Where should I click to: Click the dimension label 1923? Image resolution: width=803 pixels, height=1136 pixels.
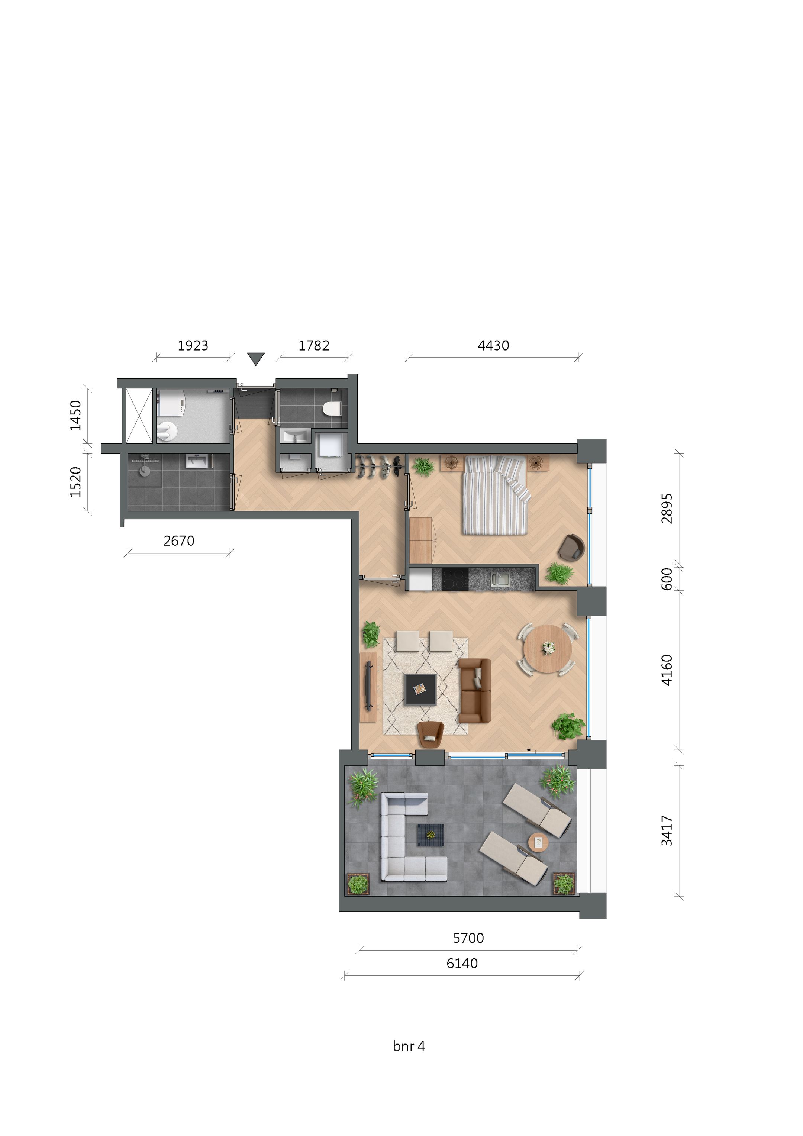click(193, 345)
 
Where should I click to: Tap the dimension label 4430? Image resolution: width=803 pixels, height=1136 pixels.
click(493, 345)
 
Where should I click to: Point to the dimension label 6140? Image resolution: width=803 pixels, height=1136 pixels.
click(462, 963)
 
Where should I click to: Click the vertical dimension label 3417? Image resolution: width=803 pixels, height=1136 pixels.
click(667, 831)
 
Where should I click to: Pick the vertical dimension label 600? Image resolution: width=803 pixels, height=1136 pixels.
click(667, 578)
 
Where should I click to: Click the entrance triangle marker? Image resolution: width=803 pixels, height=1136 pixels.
click(255, 359)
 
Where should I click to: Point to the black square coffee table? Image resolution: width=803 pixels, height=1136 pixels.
click(420, 689)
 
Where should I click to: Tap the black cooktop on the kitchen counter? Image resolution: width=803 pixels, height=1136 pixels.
click(455, 579)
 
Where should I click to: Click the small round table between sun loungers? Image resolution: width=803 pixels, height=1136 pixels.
click(538, 842)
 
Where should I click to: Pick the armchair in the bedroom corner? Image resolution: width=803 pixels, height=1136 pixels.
click(571, 547)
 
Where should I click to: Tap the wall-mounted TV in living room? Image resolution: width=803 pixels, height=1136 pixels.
click(368, 685)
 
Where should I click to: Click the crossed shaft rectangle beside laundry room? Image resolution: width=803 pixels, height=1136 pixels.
click(139, 416)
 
